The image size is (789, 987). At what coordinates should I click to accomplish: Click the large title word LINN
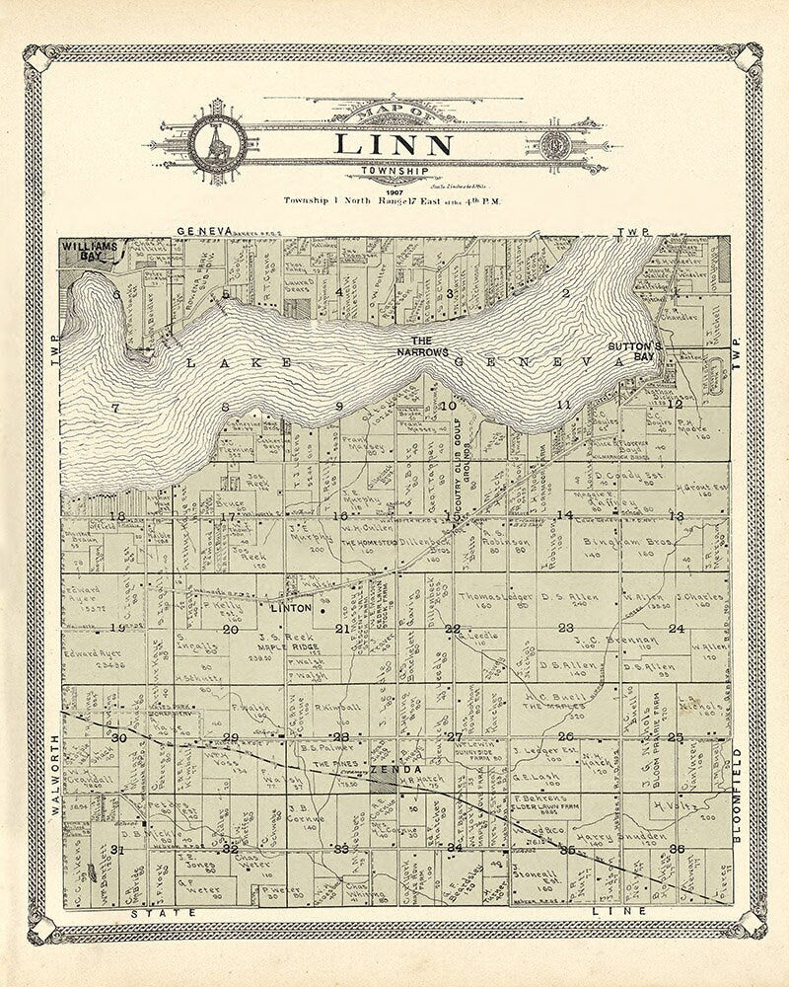394,144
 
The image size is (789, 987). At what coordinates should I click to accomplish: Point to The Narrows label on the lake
422,346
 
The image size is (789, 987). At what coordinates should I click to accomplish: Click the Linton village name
297,607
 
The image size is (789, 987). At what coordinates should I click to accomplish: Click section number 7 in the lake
115,407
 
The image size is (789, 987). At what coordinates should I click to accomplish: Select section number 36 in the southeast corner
676,848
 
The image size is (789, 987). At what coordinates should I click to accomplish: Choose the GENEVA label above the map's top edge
204,230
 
